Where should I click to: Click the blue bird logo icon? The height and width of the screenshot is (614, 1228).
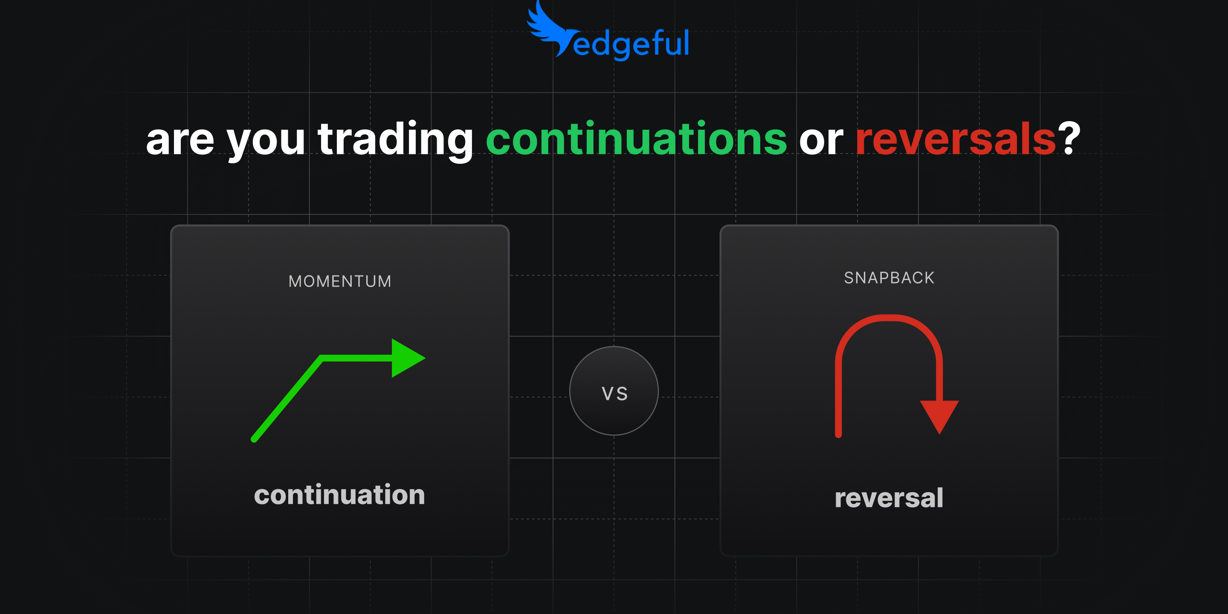(548, 29)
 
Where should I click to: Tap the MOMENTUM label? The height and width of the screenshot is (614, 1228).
(340, 281)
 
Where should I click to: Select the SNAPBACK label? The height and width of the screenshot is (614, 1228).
(889, 278)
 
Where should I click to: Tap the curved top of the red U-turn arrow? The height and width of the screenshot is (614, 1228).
(889, 318)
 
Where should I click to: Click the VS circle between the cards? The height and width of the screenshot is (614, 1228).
(614, 391)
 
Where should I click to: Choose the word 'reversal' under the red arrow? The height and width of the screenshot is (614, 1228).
(889, 498)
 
